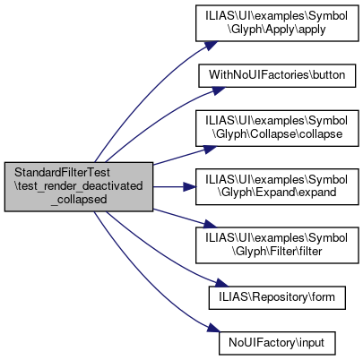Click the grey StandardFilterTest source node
(x=79, y=187)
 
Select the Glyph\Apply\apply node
(x=277, y=23)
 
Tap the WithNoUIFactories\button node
(x=277, y=75)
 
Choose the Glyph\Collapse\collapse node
(x=277, y=128)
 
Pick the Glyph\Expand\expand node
(x=277, y=186)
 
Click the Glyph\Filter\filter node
(x=277, y=245)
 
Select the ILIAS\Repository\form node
(x=277, y=297)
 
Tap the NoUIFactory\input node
(x=277, y=343)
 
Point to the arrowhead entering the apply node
(x=211, y=46)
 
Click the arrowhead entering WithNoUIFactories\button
(x=218, y=90)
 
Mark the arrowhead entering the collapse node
(x=210, y=149)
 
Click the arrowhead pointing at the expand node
(x=189, y=187)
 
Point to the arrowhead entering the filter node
(x=210, y=225)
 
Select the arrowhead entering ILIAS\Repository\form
(x=221, y=283)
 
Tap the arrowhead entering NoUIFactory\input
(x=213, y=328)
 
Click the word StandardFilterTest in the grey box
(x=63, y=173)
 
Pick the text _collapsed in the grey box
(x=79, y=200)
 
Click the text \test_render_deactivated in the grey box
(x=79, y=186)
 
